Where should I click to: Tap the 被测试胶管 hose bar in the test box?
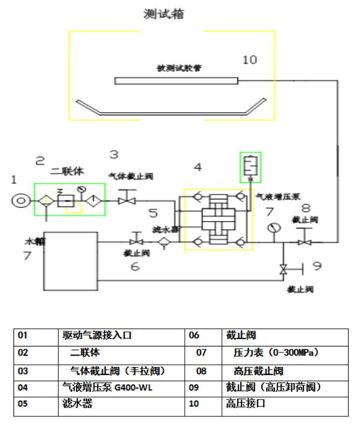click(176, 81)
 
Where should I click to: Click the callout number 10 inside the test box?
click(250, 59)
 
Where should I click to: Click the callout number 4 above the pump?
click(198, 168)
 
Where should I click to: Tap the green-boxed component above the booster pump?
click(250, 166)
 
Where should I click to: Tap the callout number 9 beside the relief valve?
click(317, 266)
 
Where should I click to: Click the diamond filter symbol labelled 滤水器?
click(163, 243)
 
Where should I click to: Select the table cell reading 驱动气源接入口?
click(97, 335)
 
